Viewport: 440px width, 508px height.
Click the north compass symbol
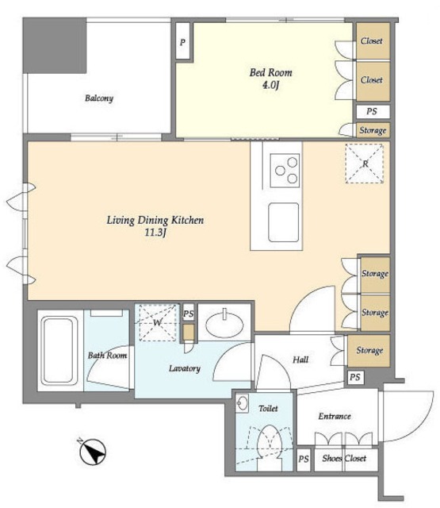(x=93, y=452)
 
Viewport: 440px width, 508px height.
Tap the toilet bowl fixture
(x=270, y=448)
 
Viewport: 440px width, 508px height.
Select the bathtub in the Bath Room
(x=59, y=351)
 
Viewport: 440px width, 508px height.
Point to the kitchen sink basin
(x=283, y=222)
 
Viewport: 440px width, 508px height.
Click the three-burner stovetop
(x=285, y=171)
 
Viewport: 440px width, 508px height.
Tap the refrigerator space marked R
(x=365, y=164)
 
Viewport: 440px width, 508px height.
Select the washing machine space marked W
(x=158, y=322)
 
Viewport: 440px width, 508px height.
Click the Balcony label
(x=99, y=98)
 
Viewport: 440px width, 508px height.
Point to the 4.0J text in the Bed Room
(x=270, y=85)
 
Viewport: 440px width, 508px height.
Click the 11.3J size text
(x=155, y=233)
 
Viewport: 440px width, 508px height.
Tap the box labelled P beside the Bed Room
(x=183, y=40)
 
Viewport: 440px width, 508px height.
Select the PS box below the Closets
(x=373, y=111)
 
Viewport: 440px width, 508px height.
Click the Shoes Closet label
(x=344, y=458)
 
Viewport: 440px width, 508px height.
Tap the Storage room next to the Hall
(x=369, y=351)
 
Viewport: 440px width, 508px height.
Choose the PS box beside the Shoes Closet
(x=304, y=460)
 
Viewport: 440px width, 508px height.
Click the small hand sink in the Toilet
(x=242, y=403)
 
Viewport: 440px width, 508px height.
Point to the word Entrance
(x=335, y=416)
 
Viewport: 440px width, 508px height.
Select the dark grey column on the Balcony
(x=55, y=45)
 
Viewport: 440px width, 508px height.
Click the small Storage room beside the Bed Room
(x=373, y=130)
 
